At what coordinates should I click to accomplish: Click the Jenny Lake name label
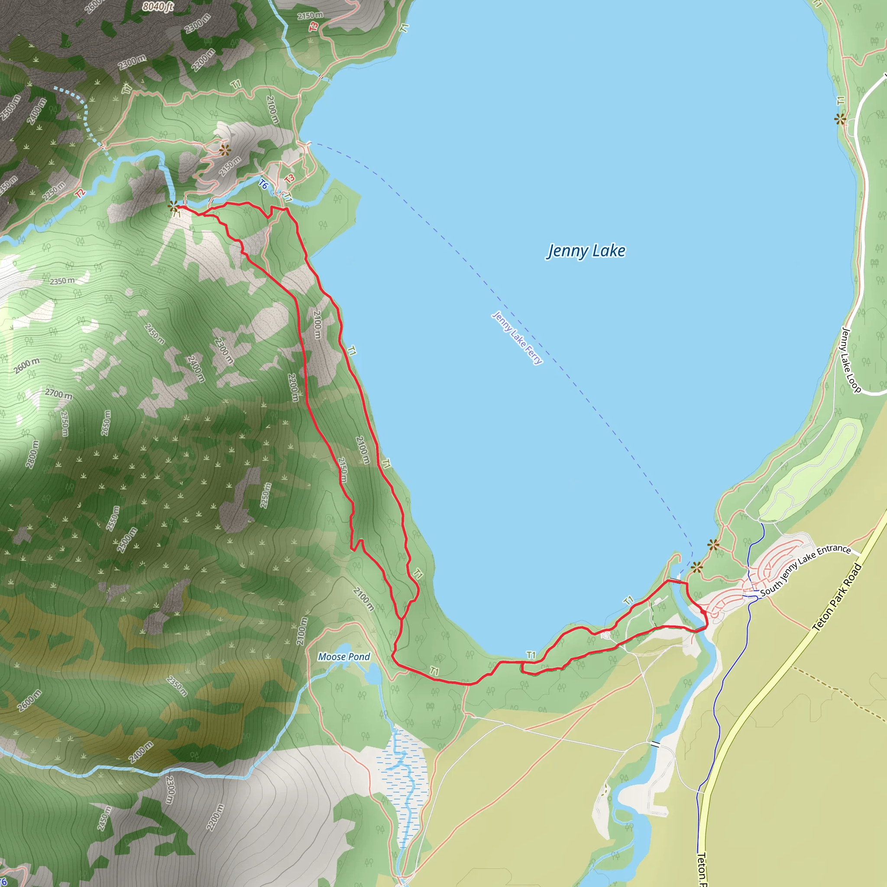pos(586,251)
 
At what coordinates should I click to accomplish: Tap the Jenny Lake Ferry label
pos(518,337)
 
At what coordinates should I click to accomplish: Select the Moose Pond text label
pos(344,657)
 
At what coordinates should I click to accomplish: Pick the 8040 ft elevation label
pos(158,6)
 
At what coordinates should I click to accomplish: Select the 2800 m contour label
pos(32,454)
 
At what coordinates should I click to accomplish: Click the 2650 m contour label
pos(106,423)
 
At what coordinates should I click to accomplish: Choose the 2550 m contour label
pos(113,519)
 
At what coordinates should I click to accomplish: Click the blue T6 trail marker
pos(263,184)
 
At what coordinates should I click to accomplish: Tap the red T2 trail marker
pos(81,193)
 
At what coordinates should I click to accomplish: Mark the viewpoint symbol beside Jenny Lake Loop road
pos(840,120)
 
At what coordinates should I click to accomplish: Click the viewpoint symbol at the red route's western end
pos(173,206)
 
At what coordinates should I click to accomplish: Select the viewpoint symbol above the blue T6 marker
pos(224,150)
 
